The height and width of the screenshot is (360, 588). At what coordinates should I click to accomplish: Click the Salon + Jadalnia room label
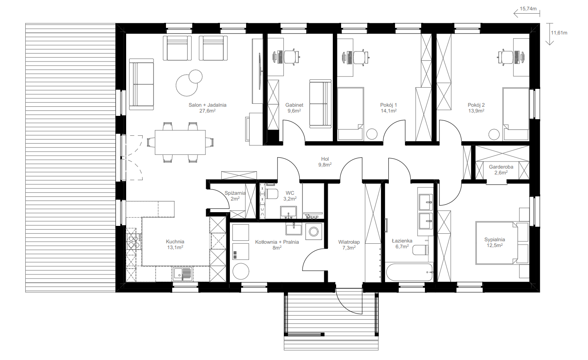tap(207, 105)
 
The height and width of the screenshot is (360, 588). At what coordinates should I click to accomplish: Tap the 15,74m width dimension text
tap(528, 9)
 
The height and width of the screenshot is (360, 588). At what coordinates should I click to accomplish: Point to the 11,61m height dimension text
tap(559, 33)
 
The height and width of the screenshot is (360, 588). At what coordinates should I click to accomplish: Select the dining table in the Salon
tap(180, 142)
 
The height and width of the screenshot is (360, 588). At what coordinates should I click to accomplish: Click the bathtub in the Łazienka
tap(409, 272)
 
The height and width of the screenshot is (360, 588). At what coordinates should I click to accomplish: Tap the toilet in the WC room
tap(272, 194)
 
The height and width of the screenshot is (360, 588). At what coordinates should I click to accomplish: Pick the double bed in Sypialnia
tap(497, 243)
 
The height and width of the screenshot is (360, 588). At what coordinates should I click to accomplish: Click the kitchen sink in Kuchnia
tap(183, 274)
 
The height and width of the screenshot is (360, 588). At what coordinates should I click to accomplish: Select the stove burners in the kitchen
tap(133, 242)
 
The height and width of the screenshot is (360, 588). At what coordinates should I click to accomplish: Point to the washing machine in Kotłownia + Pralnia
tap(314, 232)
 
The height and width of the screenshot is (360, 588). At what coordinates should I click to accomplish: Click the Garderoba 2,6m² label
tap(501, 170)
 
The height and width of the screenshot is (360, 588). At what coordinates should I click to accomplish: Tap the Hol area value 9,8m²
tap(325, 165)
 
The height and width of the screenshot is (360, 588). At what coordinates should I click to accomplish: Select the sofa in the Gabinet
tap(320, 104)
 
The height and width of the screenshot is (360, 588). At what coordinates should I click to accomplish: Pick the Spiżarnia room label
tap(235, 193)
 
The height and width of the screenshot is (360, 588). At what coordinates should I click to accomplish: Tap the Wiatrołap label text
tap(349, 242)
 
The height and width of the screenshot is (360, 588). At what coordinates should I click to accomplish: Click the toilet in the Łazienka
tap(420, 250)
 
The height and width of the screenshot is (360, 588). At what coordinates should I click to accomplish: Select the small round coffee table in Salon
tap(195, 76)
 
